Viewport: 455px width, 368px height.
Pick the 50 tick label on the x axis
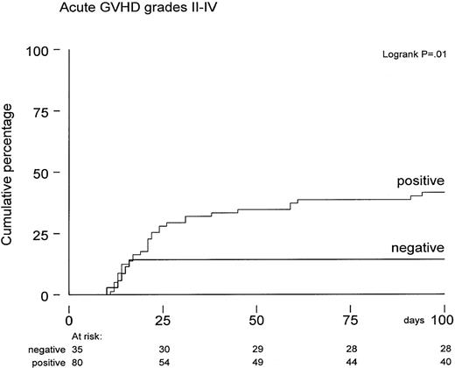point(257,313)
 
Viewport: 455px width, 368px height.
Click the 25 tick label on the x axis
point(163,313)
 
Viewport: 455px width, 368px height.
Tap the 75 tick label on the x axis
point(351,313)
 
